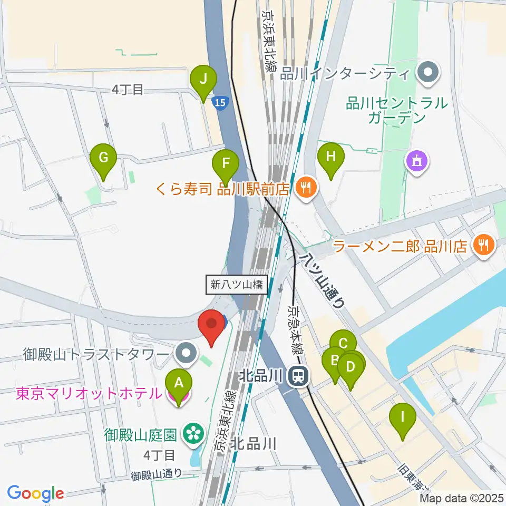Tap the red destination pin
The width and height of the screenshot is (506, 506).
212,326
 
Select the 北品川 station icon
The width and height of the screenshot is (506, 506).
298,376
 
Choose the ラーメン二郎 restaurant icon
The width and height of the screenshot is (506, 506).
483,245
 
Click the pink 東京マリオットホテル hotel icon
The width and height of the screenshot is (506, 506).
179,394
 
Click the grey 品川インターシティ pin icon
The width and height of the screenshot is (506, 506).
427,73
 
